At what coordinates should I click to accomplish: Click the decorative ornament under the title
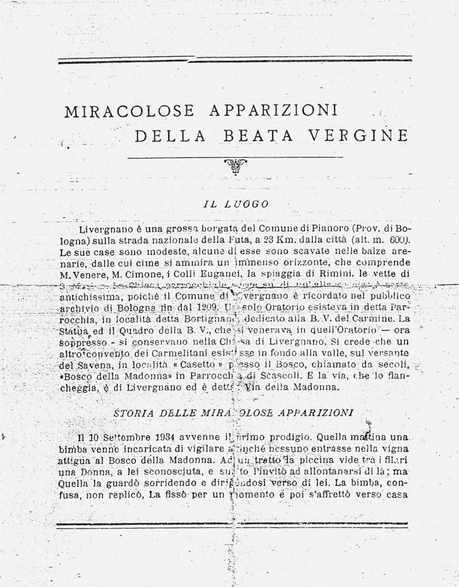coord(235,166)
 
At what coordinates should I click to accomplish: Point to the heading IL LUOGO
coord(236,204)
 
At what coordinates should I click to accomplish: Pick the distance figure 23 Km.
coord(277,240)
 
